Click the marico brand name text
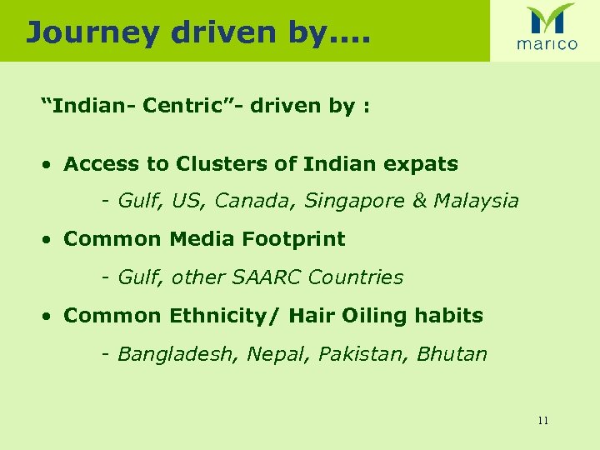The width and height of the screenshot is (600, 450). click(x=546, y=45)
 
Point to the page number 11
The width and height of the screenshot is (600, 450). click(x=542, y=420)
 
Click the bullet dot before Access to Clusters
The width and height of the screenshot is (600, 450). click(x=51, y=164)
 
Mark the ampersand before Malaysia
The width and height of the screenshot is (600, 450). click(x=418, y=201)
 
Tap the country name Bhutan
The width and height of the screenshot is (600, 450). click(x=452, y=354)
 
